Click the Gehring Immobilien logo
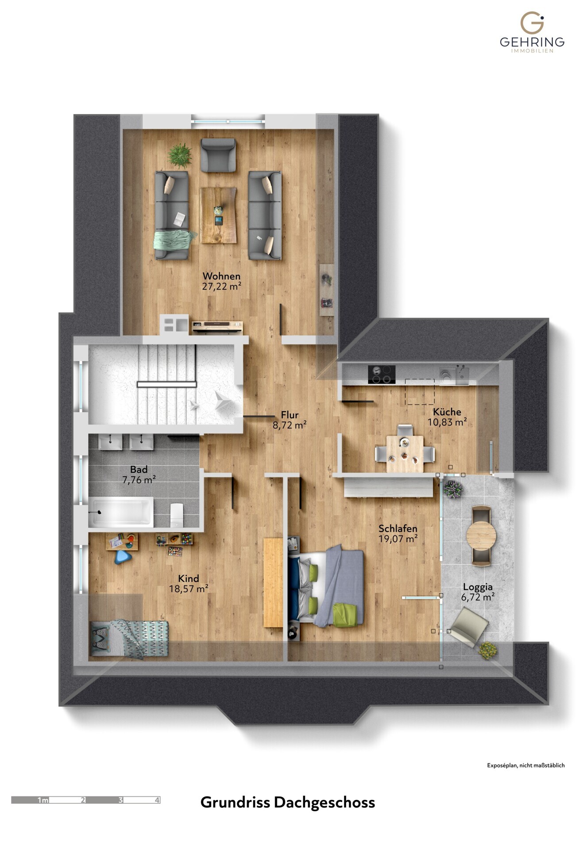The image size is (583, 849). (532, 32)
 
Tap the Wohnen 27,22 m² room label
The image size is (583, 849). (221, 281)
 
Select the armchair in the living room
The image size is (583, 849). (218, 155)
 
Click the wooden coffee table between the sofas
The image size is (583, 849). (218, 215)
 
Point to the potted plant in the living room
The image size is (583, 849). (180, 155)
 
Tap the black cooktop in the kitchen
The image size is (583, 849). (382, 374)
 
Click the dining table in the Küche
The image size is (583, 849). (405, 453)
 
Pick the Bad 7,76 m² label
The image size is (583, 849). (139, 474)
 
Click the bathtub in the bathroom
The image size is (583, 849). (121, 512)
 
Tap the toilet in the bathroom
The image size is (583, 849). (177, 515)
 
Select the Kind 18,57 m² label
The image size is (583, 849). (189, 583)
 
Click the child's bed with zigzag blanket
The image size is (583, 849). (129, 638)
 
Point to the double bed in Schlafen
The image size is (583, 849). (328, 585)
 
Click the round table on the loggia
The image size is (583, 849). (481, 535)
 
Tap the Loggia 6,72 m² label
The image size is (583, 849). (478, 592)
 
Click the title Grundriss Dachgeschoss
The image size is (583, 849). (287, 802)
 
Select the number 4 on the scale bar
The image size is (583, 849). (157, 800)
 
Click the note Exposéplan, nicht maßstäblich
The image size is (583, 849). (525, 765)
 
